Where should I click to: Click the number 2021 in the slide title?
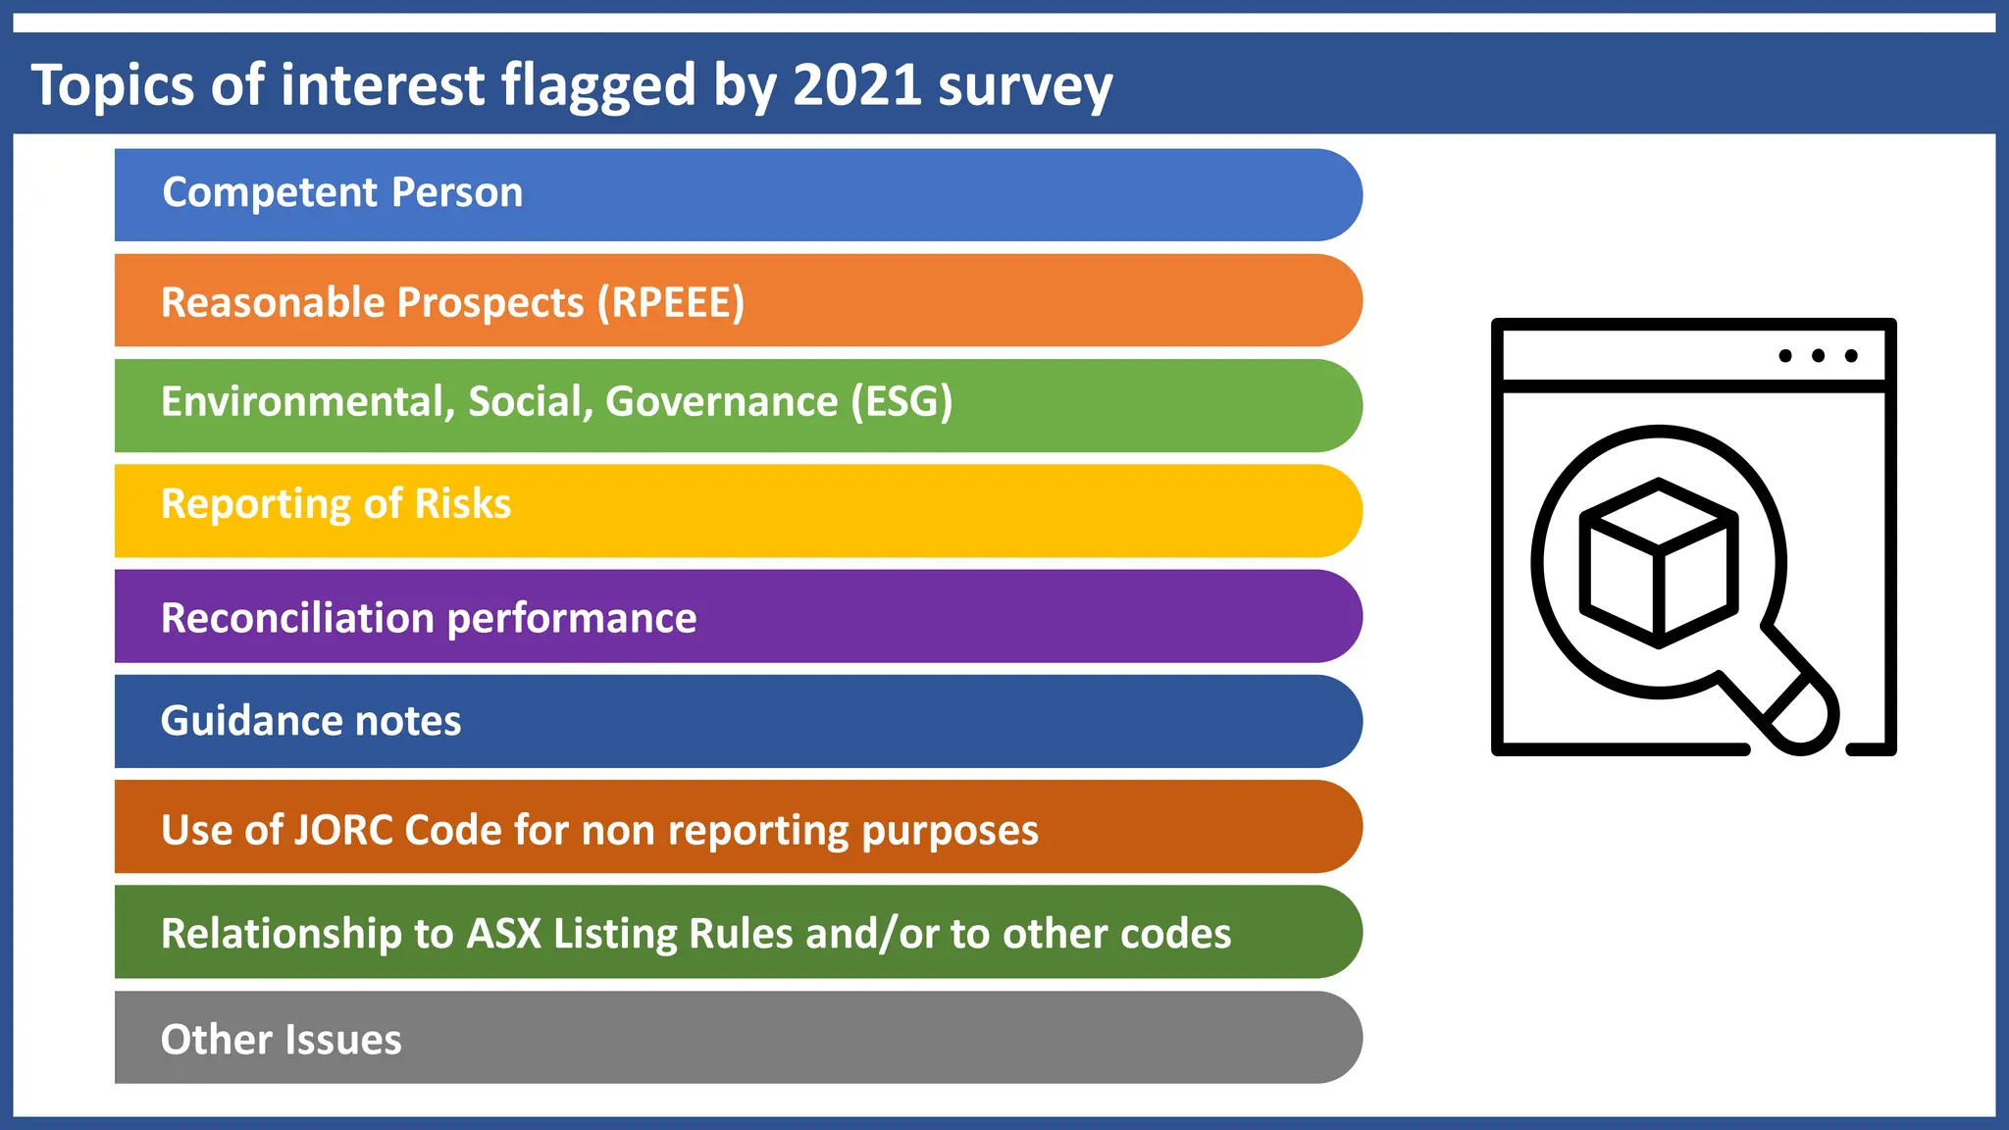point(855,84)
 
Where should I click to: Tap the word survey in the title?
point(1024,88)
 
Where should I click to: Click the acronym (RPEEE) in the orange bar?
point(671,303)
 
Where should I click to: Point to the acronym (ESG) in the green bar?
point(901,402)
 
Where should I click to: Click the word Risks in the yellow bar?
point(462,504)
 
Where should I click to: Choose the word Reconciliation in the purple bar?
point(297,618)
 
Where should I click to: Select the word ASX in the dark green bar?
point(503,934)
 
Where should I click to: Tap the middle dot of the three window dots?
point(1818,356)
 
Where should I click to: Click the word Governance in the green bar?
point(721,402)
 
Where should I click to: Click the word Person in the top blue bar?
point(457,193)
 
